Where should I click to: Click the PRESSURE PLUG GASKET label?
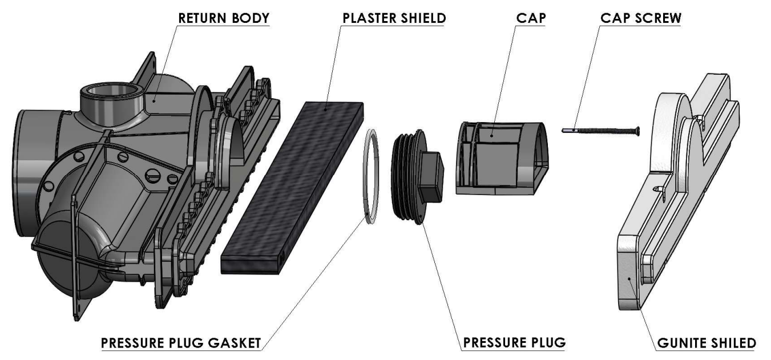[x=181, y=343]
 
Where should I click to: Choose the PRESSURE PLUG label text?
[x=514, y=343]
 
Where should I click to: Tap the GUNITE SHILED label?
[x=707, y=343]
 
